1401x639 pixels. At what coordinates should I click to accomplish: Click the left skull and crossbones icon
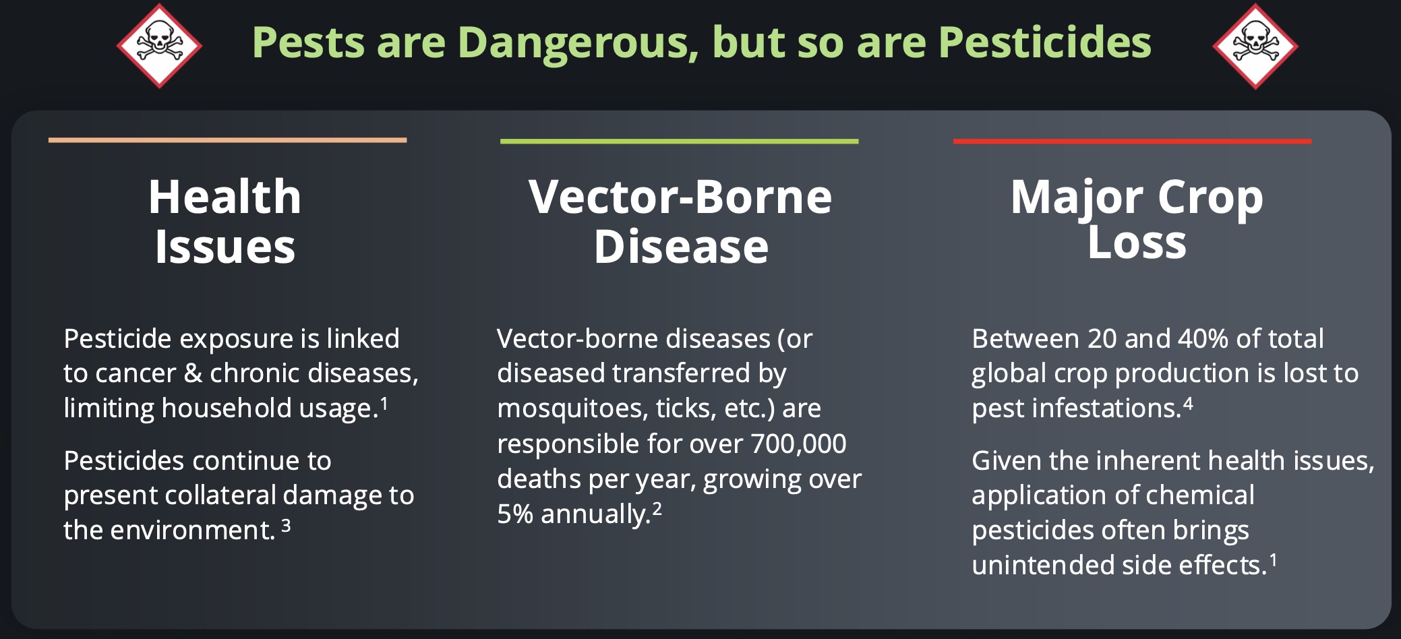click(159, 45)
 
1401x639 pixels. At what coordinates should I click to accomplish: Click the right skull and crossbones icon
click(1255, 45)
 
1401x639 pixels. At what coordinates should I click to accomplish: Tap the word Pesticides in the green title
click(1044, 42)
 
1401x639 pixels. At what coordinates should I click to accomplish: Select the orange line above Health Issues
click(227, 140)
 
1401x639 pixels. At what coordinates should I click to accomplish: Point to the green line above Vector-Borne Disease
click(679, 142)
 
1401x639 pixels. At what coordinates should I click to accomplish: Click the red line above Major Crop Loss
click(1132, 142)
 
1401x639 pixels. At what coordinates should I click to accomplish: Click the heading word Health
click(225, 197)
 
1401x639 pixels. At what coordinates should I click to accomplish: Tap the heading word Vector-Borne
click(680, 197)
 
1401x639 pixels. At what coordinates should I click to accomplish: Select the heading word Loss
click(1137, 243)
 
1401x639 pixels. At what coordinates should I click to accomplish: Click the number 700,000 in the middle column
click(798, 444)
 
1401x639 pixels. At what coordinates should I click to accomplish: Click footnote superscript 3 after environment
click(286, 526)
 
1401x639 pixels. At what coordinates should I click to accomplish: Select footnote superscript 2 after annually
click(657, 510)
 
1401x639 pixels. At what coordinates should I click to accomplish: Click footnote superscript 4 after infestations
click(1188, 404)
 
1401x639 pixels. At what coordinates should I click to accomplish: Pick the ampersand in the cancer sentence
click(193, 373)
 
